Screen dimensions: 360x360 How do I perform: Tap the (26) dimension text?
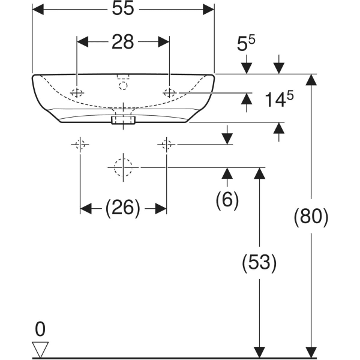pyautogui.click(x=123, y=208)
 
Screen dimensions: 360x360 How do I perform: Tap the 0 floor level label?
pyautogui.click(x=40, y=329)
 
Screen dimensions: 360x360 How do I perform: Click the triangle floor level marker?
pyautogui.click(x=40, y=349)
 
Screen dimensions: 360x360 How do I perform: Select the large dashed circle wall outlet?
pyautogui.click(x=123, y=167)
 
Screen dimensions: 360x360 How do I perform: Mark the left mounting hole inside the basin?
pyautogui.click(x=77, y=92)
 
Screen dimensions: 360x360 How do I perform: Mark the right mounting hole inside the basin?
pyautogui.click(x=170, y=92)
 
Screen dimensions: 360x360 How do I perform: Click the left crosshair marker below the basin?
pyautogui.click(x=80, y=144)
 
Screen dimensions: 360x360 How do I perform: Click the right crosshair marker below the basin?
pyautogui.click(x=166, y=144)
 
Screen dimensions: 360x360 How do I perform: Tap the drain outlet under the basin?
pyautogui.click(x=124, y=120)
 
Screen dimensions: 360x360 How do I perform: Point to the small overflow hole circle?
pyautogui.click(x=124, y=85)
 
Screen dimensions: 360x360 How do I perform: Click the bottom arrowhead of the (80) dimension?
pyautogui.click(x=311, y=352)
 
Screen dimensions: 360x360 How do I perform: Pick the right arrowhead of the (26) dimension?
pyautogui.click(x=161, y=208)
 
